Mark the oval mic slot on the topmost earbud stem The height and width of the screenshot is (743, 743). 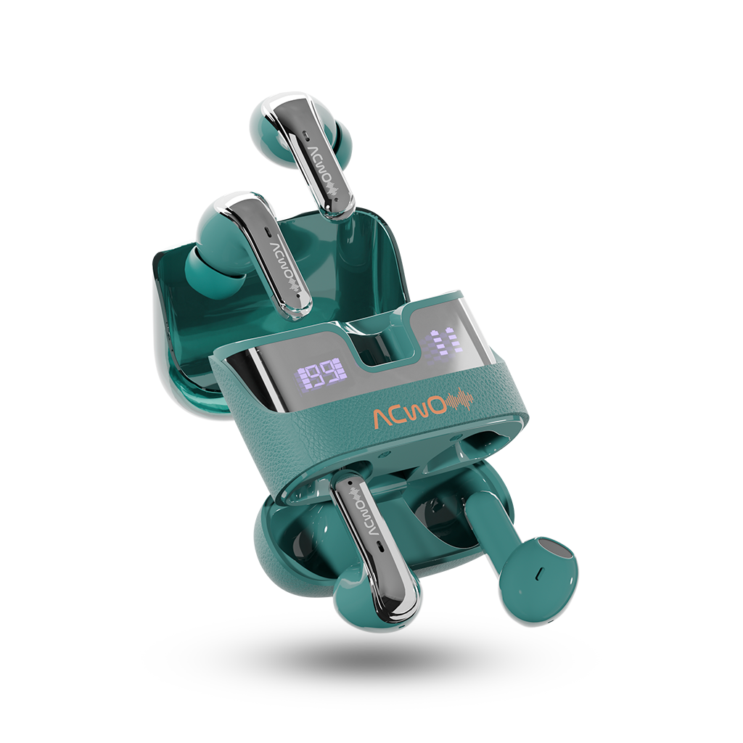[x=306, y=135]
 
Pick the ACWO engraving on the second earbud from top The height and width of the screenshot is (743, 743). [x=287, y=263]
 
